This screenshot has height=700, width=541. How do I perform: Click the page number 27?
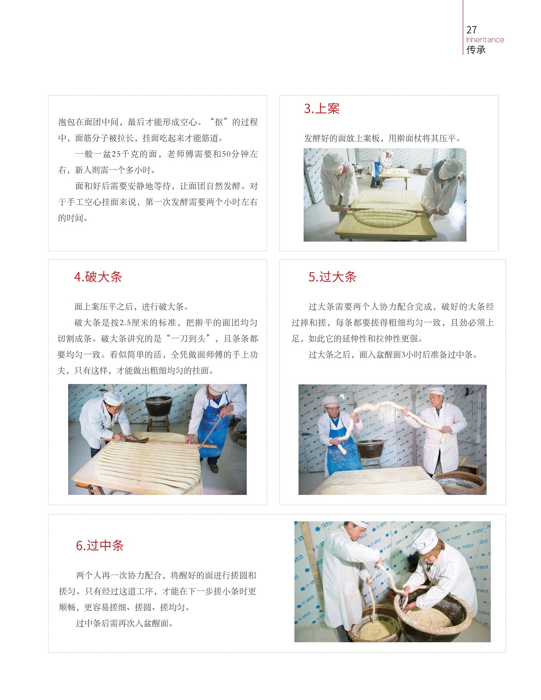(471, 30)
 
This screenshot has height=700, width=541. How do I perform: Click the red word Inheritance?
(485, 40)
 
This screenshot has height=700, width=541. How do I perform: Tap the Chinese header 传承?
(476, 50)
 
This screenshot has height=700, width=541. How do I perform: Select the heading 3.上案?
(322, 109)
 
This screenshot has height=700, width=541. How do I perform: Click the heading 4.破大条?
(98, 277)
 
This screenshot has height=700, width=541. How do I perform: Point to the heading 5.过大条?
(332, 277)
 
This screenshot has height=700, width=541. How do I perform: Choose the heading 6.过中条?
(100, 545)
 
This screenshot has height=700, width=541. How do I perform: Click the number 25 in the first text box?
(116, 154)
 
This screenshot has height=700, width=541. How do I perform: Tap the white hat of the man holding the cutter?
(114, 398)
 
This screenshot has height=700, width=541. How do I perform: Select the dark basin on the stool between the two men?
(370, 448)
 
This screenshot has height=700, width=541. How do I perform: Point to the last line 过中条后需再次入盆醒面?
(124, 623)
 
